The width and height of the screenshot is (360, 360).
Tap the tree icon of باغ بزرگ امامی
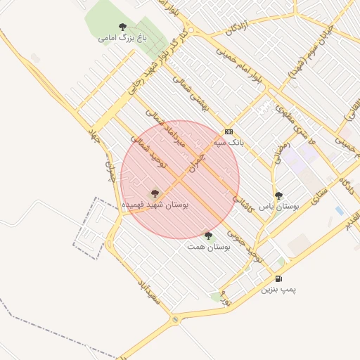[123, 27]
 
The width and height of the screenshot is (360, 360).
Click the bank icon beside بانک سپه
[229, 131]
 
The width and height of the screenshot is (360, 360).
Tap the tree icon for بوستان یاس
[279, 196]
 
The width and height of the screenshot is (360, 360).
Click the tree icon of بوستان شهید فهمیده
[155, 192]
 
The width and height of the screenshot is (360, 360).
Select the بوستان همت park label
[207, 247]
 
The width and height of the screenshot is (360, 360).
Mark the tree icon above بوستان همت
[207, 236]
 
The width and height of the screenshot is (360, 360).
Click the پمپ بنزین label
[279, 289]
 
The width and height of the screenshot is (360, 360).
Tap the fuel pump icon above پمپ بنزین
[279, 279]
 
